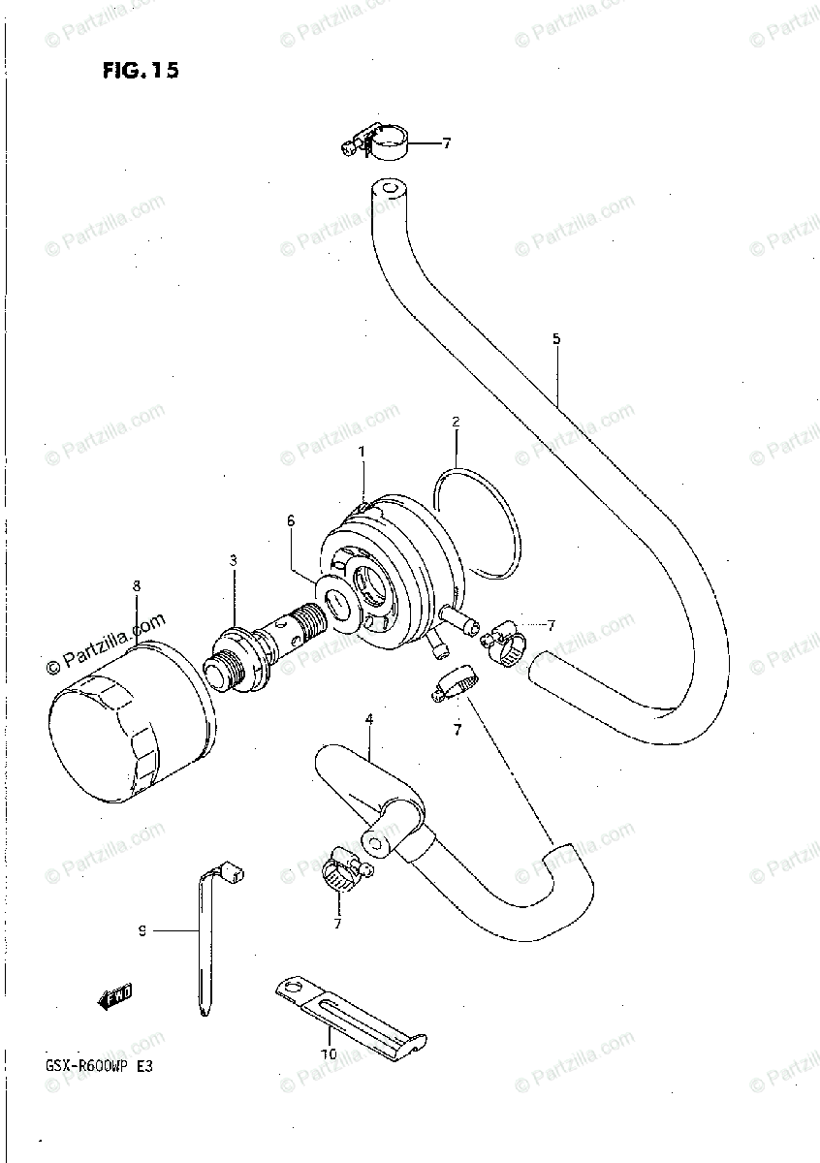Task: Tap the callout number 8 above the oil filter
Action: [x=137, y=585]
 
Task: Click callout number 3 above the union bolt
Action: [x=233, y=560]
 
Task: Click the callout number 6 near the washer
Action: [x=289, y=520]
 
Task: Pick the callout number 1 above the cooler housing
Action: [x=362, y=452]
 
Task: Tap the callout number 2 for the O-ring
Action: [x=456, y=422]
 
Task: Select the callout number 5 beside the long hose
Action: [x=556, y=338]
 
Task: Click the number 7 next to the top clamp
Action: [x=446, y=144]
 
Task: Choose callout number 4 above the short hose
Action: [x=368, y=719]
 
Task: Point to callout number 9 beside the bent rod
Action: [x=142, y=931]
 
